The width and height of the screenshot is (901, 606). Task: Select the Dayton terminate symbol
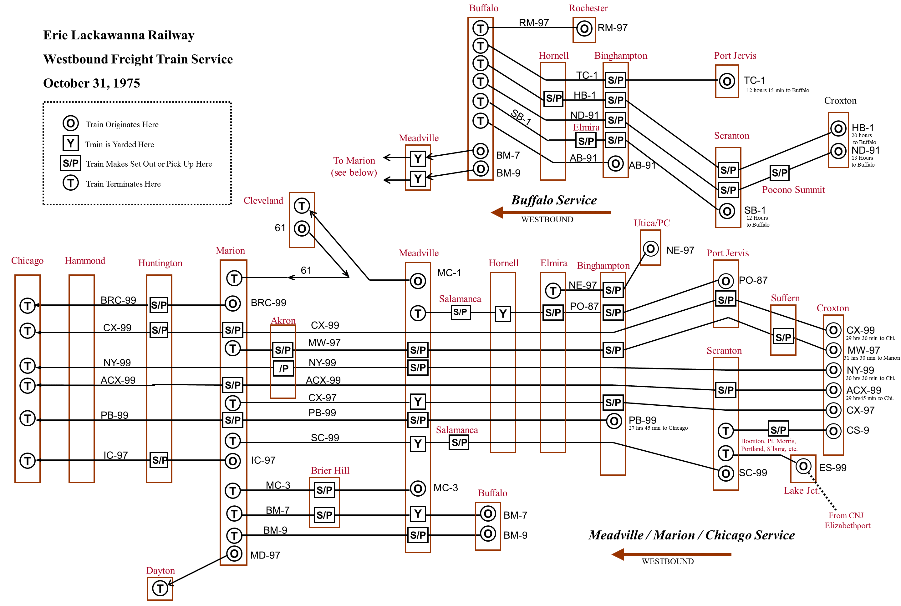[x=160, y=588]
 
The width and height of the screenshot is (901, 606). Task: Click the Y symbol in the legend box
[x=70, y=143]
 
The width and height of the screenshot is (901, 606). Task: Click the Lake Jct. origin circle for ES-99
[x=803, y=467]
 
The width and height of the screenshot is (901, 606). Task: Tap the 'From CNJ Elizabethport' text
[x=847, y=520]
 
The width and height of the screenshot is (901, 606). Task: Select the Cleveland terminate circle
[x=302, y=205]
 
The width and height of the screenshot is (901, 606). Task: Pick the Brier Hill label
[x=330, y=470]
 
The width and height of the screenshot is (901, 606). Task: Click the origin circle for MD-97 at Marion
[x=234, y=554]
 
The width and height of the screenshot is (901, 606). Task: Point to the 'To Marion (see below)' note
[x=354, y=166]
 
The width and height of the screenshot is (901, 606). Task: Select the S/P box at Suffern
[x=783, y=337]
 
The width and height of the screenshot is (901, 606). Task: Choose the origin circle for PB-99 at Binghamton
[x=613, y=421]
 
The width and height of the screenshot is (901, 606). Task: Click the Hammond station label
[x=85, y=260]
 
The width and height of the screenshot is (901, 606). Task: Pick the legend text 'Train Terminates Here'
[x=123, y=184]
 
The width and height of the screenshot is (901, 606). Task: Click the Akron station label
[x=283, y=320]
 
